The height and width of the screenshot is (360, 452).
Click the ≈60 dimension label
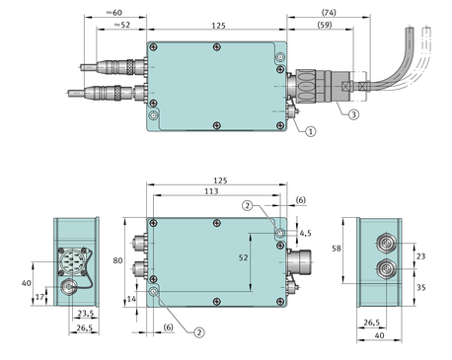pyautogui.click(x=114, y=13)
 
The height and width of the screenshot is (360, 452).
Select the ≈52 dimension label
pyautogui.click(x=122, y=25)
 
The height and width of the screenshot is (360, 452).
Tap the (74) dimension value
pyautogui.click(x=329, y=13)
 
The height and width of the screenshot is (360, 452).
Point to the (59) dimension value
pyautogui.click(x=325, y=25)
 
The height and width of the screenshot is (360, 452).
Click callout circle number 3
pyautogui.click(x=353, y=114)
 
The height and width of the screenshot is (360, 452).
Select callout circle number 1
pyautogui.click(x=311, y=131)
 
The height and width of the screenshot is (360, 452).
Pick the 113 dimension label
pyautogui.click(x=211, y=191)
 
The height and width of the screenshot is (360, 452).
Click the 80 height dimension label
pyautogui.click(x=117, y=260)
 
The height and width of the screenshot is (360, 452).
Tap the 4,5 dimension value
pyautogui.click(x=305, y=233)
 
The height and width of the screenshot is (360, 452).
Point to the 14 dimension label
pyautogui.click(x=131, y=299)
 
